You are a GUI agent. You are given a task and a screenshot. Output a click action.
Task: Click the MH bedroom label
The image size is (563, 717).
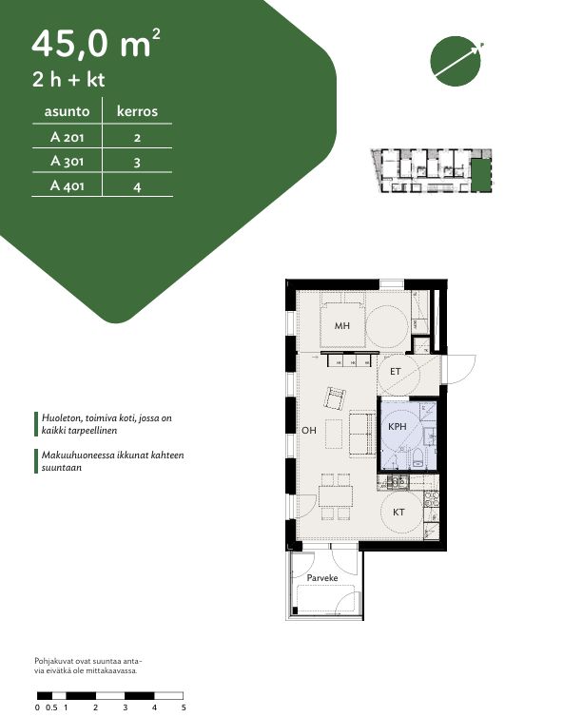pos(342,325)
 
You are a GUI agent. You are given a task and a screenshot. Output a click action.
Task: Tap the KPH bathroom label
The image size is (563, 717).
pos(397,426)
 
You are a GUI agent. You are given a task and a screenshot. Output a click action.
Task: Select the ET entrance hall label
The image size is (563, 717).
pos(396,372)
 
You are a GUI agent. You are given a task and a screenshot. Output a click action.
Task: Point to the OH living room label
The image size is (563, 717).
pos(309,430)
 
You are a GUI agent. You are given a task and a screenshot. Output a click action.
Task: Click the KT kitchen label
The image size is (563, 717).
pos(398,513)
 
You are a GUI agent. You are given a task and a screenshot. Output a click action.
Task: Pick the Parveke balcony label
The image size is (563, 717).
pos(322,578)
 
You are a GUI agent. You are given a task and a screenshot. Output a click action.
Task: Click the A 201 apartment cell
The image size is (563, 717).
pos(68,137)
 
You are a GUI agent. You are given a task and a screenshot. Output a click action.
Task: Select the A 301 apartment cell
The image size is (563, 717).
pos(68,161)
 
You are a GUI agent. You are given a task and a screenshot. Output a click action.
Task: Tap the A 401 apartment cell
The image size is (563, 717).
pos(68,185)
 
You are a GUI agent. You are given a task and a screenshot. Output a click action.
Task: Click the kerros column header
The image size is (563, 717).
pos(137,111)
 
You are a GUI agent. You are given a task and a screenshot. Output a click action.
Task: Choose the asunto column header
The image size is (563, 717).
pos(67,111)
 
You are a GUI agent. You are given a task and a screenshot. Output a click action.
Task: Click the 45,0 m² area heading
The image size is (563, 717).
pos(96,44)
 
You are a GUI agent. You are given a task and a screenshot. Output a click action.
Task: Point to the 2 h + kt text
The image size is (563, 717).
pos(68,80)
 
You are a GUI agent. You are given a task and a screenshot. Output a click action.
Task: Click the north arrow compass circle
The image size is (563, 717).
pos(456,61)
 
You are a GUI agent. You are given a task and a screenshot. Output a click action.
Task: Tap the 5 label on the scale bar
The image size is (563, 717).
pos(184,707)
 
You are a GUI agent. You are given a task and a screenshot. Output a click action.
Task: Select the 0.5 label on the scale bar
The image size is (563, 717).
pos(51,707)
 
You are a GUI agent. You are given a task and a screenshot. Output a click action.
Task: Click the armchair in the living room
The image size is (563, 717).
pos(336,398)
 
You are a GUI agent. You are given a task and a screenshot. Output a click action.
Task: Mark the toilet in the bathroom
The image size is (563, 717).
pos(417,458)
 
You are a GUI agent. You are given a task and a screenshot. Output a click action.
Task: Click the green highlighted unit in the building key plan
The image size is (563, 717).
pos(480,176)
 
